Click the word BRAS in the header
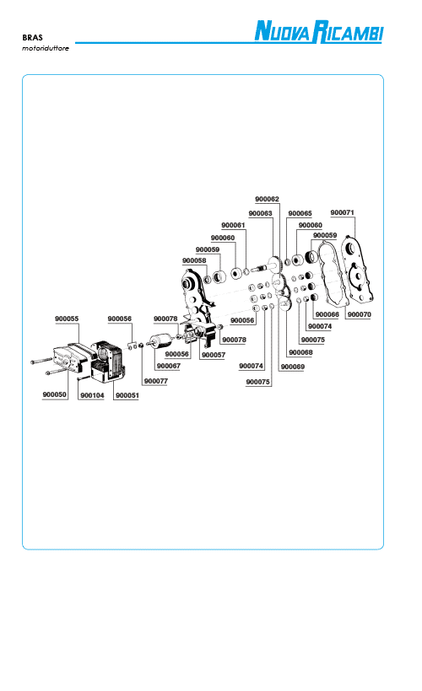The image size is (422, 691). click(32, 37)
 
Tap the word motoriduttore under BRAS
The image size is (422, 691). click(46, 48)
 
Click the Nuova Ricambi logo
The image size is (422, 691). click(319, 32)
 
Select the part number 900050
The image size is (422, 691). click(55, 394)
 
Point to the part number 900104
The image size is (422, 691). click(92, 395)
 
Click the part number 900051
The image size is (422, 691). click(127, 395)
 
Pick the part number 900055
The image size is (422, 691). click(67, 319)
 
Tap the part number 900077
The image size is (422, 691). click(156, 381)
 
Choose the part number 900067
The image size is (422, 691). click(169, 366)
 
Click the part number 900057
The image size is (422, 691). click(214, 355)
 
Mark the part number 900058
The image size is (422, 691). click(194, 260)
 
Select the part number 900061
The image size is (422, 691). click(233, 225)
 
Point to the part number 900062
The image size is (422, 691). click(267, 199)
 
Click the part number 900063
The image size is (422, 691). click(261, 213)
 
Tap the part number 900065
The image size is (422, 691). click(300, 213)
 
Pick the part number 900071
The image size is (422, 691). click(343, 212)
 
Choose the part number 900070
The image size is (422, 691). click(360, 314)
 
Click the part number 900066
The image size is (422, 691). click(327, 314)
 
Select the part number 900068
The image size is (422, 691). click(300, 352)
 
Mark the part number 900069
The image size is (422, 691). click(293, 367)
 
